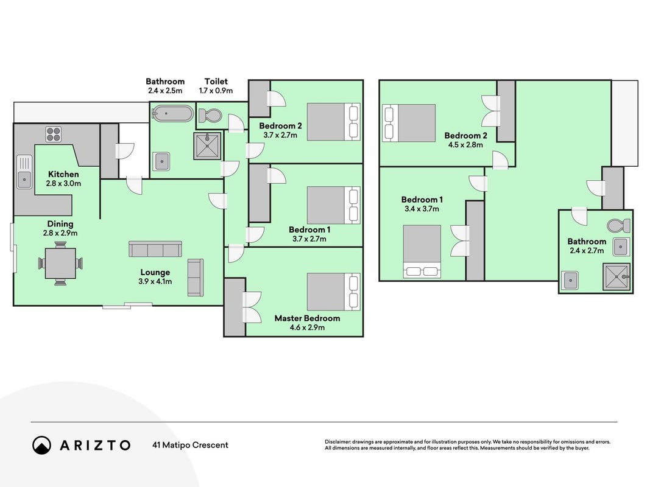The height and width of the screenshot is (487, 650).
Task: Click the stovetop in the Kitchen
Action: tap(54, 134)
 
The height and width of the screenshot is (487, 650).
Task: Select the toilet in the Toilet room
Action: tap(210, 115)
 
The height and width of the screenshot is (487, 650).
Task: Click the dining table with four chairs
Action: tap(60, 264)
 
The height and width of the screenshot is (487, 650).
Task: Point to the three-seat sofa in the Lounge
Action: tap(155, 249)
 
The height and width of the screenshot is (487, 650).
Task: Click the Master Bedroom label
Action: tap(307, 318)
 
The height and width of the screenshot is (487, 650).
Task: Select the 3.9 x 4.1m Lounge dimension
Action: tap(155, 281)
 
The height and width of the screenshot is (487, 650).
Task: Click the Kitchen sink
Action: tap(24, 172)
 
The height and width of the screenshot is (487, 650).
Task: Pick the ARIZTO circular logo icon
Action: tap(41, 445)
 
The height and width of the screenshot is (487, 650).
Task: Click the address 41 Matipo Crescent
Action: tap(190, 445)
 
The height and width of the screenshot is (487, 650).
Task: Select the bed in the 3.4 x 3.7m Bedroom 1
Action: tap(422, 251)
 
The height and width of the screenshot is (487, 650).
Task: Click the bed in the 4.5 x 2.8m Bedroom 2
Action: tap(409, 123)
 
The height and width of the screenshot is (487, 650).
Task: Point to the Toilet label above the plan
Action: tap(216, 81)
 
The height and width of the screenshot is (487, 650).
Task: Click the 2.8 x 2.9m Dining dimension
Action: tap(60, 233)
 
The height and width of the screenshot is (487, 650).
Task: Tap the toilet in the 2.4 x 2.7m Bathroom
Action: tap(619, 226)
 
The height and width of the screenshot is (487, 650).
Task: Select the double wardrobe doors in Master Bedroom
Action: tap(252, 307)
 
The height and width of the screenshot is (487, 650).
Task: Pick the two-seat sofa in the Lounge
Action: tap(196, 278)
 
